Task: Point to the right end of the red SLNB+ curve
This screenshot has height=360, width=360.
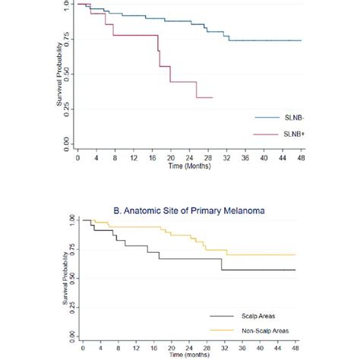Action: [x=212, y=97]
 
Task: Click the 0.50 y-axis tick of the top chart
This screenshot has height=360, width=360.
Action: [x=69, y=73]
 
